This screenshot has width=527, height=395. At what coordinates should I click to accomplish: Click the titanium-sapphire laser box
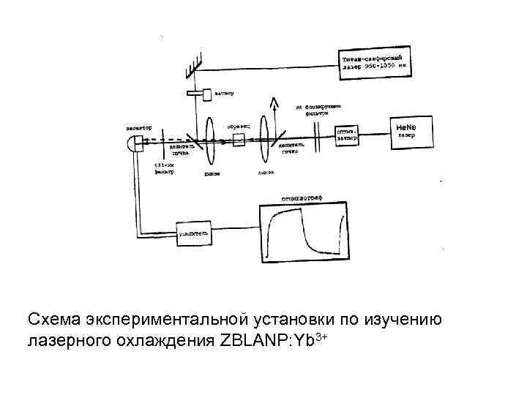click(378, 61)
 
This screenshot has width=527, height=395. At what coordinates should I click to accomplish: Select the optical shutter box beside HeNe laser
click(348, 135)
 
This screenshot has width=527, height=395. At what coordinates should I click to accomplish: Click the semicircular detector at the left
click(134, 143)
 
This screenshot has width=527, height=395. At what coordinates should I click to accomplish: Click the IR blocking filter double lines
click(318, 135)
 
